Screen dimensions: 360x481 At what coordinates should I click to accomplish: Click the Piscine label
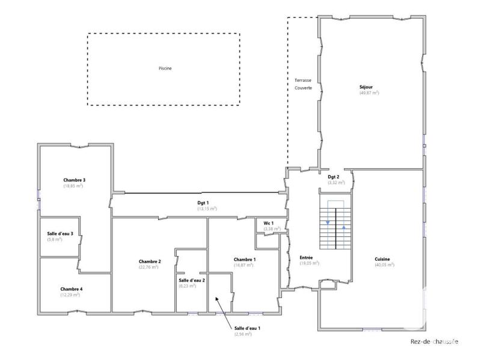[165, 69]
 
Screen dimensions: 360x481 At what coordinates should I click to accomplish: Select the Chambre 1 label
[245, 259]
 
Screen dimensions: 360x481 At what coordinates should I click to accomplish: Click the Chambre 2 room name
[149, 261]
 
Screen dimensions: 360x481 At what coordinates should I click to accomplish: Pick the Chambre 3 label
[74, 180]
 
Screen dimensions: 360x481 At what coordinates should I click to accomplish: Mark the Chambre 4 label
[72, 289]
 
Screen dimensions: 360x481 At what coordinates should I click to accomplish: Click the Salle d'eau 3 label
[60, 234]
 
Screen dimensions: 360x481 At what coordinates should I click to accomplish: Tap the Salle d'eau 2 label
[192, 281]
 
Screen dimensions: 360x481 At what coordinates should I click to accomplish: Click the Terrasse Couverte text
[303, 84]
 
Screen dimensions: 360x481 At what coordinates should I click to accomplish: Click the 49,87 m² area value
[369, 93]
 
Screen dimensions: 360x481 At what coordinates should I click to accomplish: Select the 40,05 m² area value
[384, 265]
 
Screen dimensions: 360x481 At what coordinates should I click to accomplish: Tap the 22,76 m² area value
[149, 267]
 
